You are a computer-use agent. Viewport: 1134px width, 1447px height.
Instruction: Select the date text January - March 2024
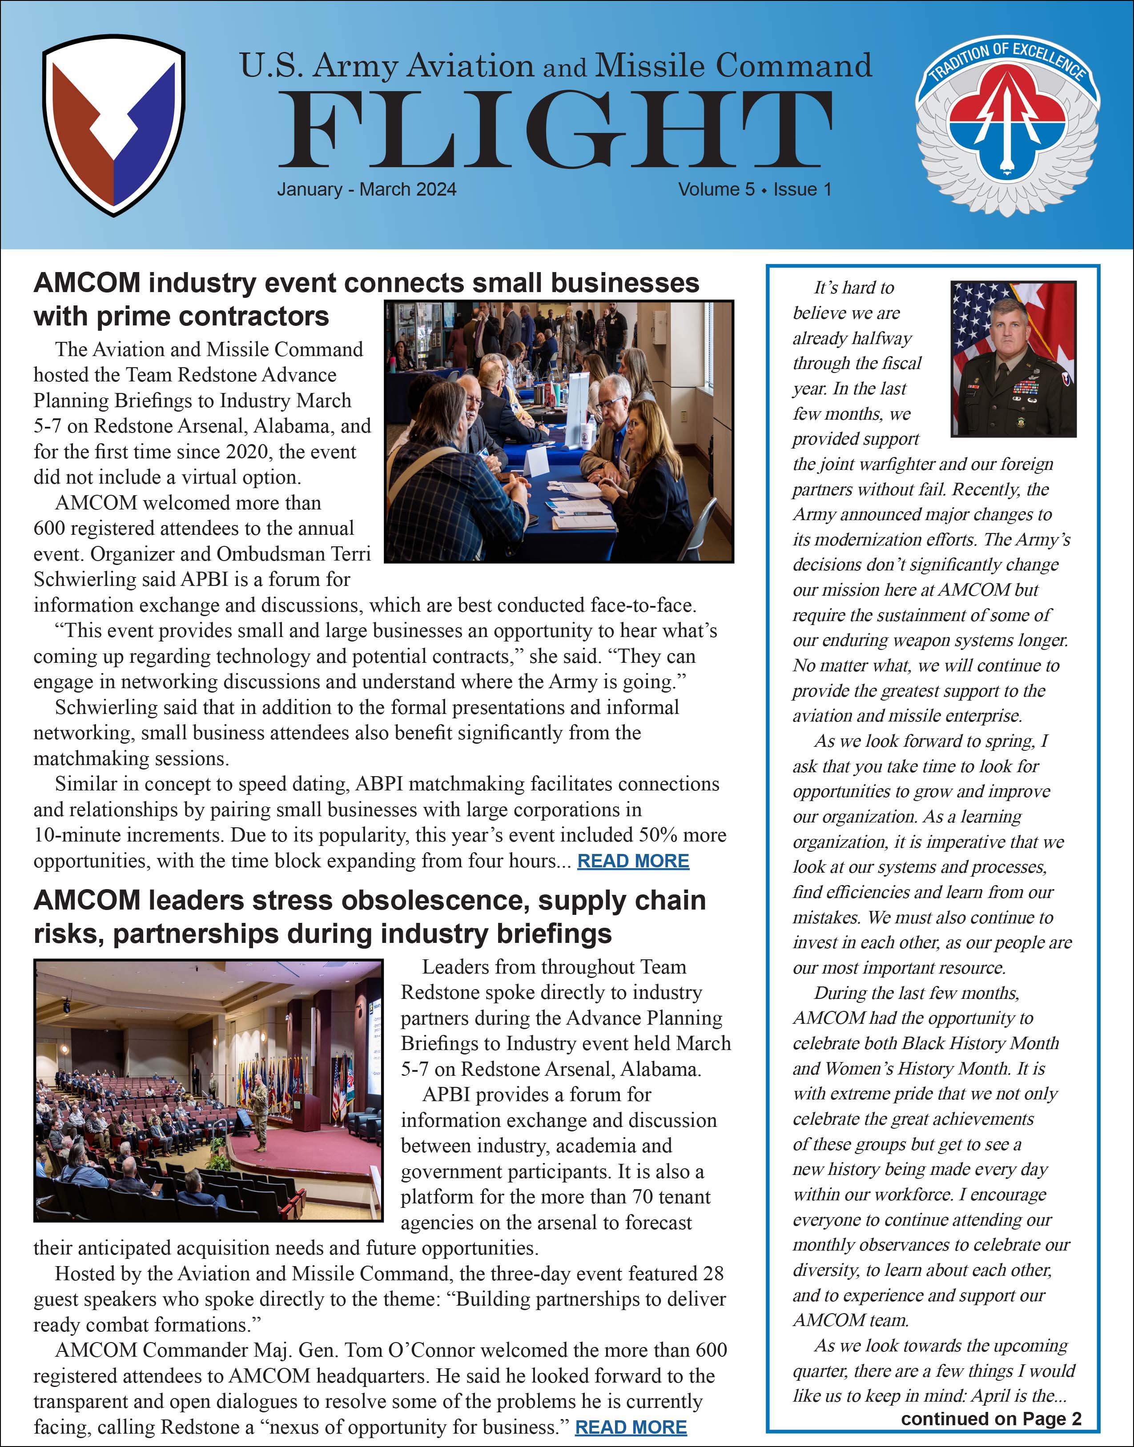point(366,190)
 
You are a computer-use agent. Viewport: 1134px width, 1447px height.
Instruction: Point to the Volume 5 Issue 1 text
point(754,190)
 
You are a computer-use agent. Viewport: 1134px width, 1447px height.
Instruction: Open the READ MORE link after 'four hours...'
point(633,861)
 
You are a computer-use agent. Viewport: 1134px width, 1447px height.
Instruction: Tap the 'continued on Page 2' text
point(991,1419)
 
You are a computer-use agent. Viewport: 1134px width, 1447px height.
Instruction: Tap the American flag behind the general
point(971,319)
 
